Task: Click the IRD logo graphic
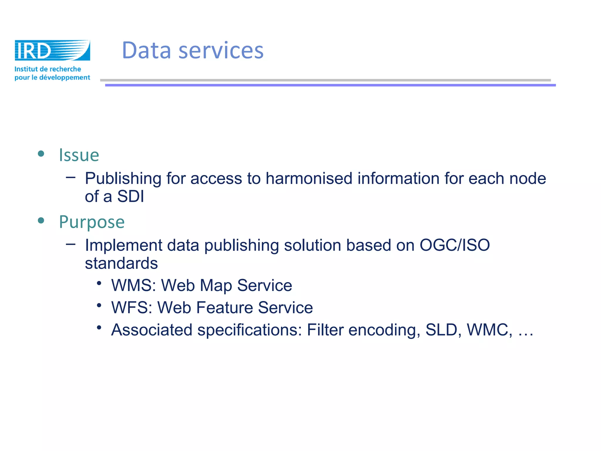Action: pos(52,50)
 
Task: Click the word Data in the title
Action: pos(146,50)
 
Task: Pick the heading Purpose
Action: pos(92,222)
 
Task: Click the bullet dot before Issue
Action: pos(41,154)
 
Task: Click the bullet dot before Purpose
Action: pos(41,221)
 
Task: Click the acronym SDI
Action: pos(131,196)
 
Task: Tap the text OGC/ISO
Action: pos(455,245)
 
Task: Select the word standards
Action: pos(121,263)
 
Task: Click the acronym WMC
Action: pos(489,330)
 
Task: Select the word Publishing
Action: pos(123,179)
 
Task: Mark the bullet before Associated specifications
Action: pos(99,327)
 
